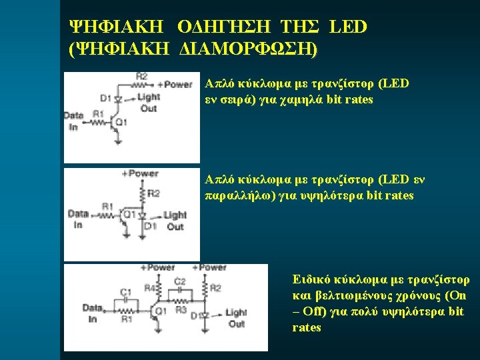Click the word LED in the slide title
pyautogui.click(x=348, y=27)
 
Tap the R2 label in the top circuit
pyautogui.click(x=141, y=77)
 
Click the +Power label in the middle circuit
pyautogui.click(x=140, y=173)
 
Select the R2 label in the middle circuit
pyautogui.click(x=153, y=193)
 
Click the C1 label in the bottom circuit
pyautogui.click(x=125, y=291)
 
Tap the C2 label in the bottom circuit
pyautogui.click(x=179, y=281)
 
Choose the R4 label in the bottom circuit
pyautogui.click(x=149, y=288)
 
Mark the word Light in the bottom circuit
pyautogui.click(x=236, y=312)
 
